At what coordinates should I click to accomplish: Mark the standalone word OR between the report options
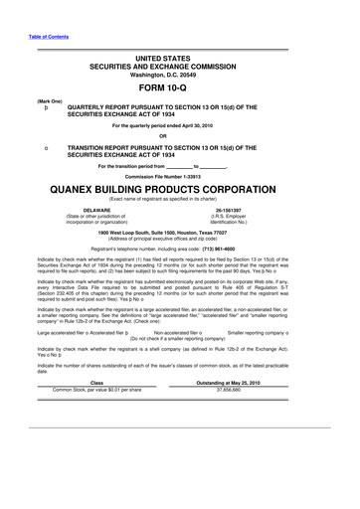[179, 136]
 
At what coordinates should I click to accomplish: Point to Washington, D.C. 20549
[179, 73]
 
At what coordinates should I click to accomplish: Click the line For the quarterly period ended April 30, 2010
[179, 126]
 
